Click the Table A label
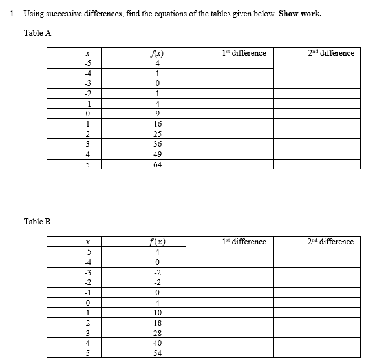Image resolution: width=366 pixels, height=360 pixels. pos(37,34)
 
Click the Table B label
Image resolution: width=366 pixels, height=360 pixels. pos(37,222)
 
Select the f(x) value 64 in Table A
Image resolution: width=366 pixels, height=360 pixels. pos(158,164)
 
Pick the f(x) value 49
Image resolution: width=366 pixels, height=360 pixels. pos(158,154)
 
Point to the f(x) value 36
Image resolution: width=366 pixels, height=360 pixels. pos(158,143)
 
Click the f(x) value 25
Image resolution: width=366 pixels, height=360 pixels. pos(158,134)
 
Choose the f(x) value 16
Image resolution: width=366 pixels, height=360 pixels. pos(158,123)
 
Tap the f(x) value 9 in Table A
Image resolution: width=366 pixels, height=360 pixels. pos(158,113)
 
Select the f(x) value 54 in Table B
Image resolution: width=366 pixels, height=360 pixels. pos(158,354)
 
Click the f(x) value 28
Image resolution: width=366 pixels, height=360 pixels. pos(158,333)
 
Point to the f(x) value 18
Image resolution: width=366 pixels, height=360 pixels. pos(158,323)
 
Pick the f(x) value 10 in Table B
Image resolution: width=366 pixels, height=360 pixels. pos(158,313)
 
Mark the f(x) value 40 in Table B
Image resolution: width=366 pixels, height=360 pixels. pos(158,343)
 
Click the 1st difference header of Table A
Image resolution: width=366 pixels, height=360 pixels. pos(244,53)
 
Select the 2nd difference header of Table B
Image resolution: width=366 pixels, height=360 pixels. pos(330,242)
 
